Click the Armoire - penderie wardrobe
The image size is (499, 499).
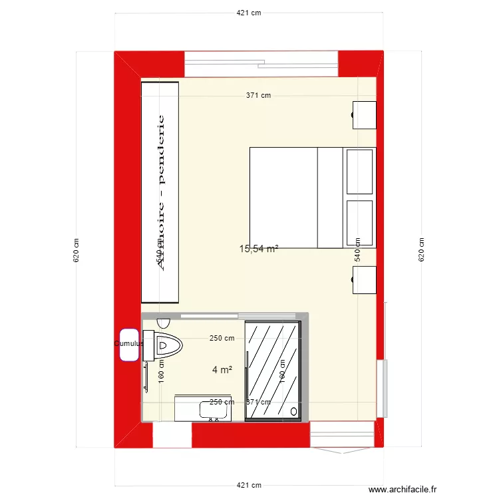click(x=160, y=193)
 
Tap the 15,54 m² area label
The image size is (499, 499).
click(x=258, y=249)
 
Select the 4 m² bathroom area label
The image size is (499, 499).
click(x=222, y=370)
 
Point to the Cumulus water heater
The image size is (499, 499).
click(x=129, y=345)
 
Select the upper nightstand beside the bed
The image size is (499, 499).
click(x=364, y=114)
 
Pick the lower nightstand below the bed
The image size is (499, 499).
click(x=364, y=279)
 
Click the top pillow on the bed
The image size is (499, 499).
click(x=360, y=172)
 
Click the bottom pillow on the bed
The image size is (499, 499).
click(x=360, y=223)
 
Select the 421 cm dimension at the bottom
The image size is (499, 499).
click(x=249, y=486)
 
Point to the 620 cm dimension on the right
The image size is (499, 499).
click(x=421, y=250)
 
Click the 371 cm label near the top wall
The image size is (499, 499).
click(x=259, y=95)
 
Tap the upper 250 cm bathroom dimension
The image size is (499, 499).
click(x=222, y=338)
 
